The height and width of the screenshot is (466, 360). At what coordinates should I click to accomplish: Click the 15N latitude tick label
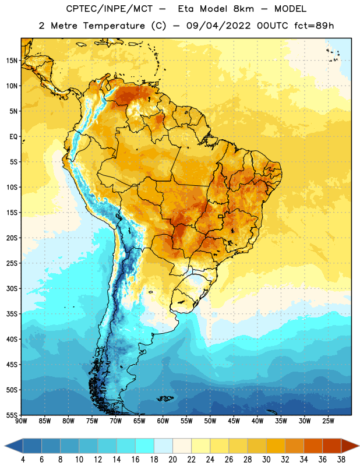click(12, 61)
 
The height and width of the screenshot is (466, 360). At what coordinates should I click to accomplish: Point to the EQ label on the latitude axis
click(13, 137)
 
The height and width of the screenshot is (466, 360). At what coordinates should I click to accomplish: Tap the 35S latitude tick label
click(12, 314)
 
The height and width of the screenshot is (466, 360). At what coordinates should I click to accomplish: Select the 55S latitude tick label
click(12, 415)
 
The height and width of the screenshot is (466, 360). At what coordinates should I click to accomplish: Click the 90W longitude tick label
click(21, 421)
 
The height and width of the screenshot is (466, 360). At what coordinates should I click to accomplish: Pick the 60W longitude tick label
click(163, 421)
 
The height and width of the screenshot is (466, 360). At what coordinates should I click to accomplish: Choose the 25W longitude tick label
click(328, 421)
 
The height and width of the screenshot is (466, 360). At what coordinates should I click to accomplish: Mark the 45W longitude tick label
click(234, 421)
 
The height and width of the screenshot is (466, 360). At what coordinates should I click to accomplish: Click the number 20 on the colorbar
click(172, 460)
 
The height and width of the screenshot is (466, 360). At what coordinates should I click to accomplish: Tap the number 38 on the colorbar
click(341, 460)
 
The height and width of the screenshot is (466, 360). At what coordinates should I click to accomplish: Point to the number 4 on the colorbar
click(23, 460)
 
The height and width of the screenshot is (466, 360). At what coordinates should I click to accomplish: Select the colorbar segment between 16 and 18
click(145, 446)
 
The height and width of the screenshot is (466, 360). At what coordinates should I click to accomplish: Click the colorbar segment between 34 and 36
click(313, 446)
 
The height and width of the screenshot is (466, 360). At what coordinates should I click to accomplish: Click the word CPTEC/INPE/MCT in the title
click(109, 9)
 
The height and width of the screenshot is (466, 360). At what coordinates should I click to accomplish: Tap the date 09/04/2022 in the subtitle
click(218, 26)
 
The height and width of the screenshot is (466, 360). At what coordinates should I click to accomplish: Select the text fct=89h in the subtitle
click(314, 26)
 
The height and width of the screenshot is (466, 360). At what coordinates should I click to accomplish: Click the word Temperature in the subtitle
click(114, 26)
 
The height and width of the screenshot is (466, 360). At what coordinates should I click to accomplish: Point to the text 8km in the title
click(243, 9)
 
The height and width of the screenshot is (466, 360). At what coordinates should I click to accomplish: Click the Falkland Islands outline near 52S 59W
click(165, 398)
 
